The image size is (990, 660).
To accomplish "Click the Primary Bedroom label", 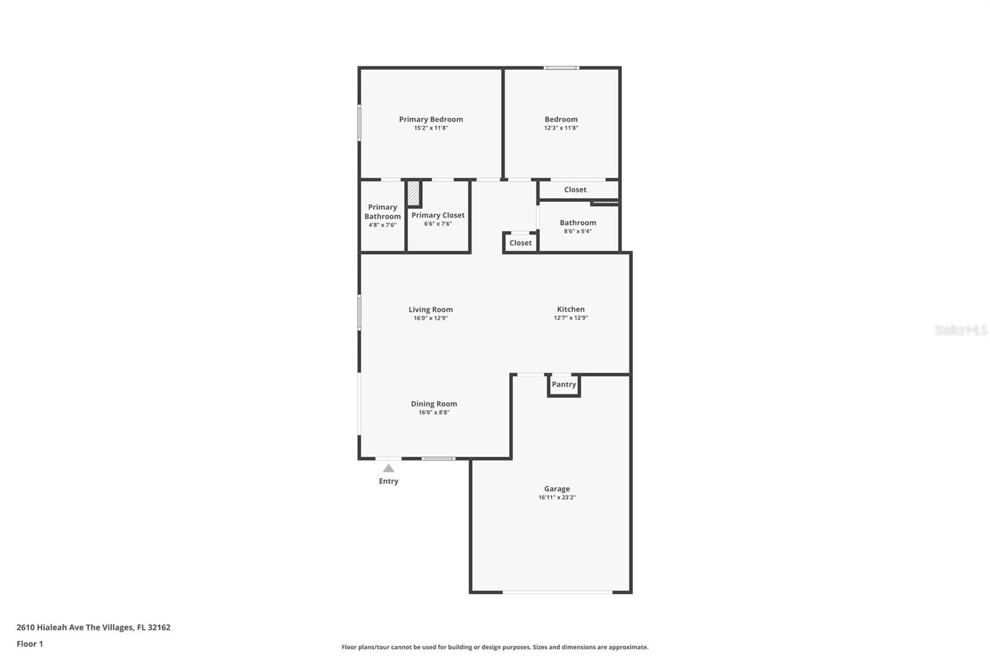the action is [431, 119].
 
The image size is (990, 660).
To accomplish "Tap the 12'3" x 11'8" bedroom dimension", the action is [561, 128].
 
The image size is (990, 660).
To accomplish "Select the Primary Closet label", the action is [438, 215].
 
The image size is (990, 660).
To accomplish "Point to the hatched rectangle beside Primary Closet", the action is [413, 193].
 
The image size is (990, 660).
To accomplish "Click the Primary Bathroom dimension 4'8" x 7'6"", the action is [382, 225].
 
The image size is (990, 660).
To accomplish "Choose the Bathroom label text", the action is [578, 222].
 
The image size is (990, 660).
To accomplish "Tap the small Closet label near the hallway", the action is [520, 243].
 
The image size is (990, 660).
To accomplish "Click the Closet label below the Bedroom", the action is [575, 189].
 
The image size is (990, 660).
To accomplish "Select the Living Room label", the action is [431, 310].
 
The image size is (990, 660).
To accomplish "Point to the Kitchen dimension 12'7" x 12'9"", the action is [570, 318].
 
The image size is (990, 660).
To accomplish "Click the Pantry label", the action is [564, 384].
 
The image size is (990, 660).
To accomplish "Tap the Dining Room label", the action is [434, 404].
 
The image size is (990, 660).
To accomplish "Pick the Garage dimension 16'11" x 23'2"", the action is [557, 497].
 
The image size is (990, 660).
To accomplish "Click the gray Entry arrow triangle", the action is [389, 468].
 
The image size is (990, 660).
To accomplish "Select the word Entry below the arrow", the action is [389, 481].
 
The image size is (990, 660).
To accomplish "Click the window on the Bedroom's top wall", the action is [561, 67].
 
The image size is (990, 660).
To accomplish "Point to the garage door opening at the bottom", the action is [557, 592].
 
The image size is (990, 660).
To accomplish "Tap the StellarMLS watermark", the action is [961, 330].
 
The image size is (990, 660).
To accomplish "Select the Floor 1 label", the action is [30, 644].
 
